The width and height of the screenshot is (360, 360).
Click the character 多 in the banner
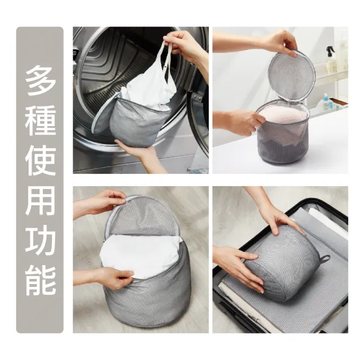40,80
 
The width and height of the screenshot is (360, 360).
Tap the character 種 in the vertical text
40,121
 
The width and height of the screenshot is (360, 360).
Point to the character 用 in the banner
40,200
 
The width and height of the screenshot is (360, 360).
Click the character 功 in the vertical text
40,240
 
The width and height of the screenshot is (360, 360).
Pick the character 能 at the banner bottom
40,280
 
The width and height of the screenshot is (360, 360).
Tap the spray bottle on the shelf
330,60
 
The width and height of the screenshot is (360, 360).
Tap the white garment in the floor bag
141,256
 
